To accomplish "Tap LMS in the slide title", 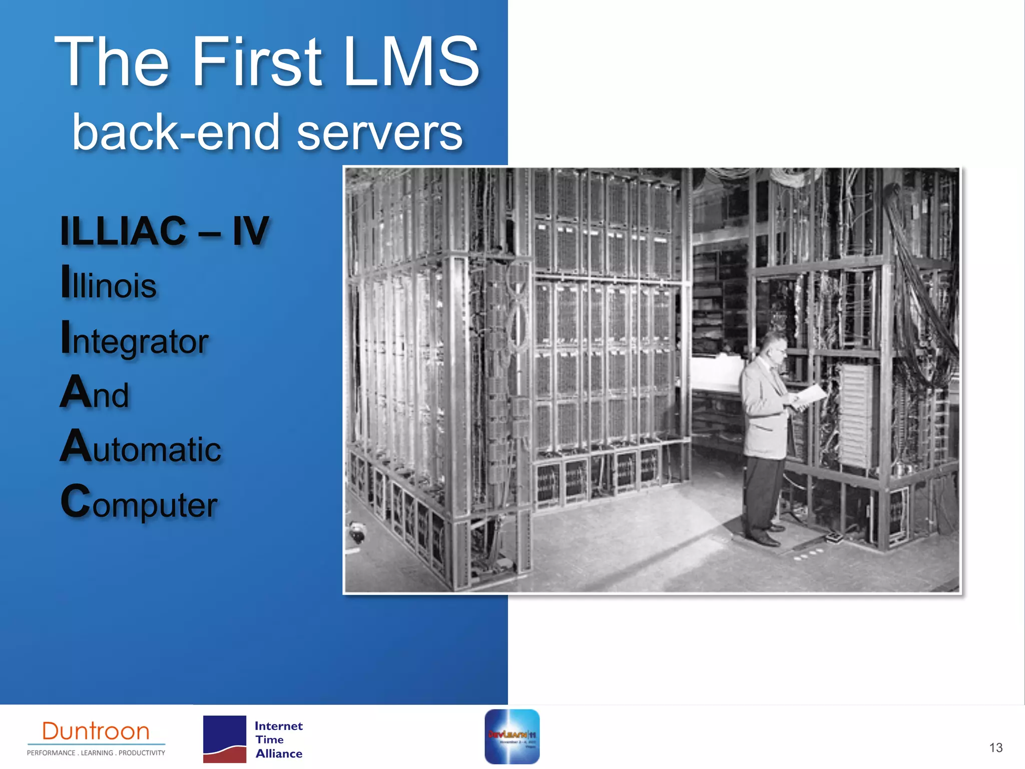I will click(x=411, y=62).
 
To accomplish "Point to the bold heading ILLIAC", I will click(x=123, y=231).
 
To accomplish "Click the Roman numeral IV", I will click(x=251, y=231).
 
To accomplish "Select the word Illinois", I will click(x=109, y=284).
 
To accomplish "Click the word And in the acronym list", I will click(x=95, y=393).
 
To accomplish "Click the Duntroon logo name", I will click(x=96, y=731).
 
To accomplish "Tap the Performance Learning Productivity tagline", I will click(x=96, y=752).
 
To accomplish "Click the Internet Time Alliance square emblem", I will click(x=225, y=739).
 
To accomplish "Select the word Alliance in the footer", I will click(x=279, y=753).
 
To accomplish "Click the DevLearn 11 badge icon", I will click(x=512, y=736).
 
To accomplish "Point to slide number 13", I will click(x=995, y=747).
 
